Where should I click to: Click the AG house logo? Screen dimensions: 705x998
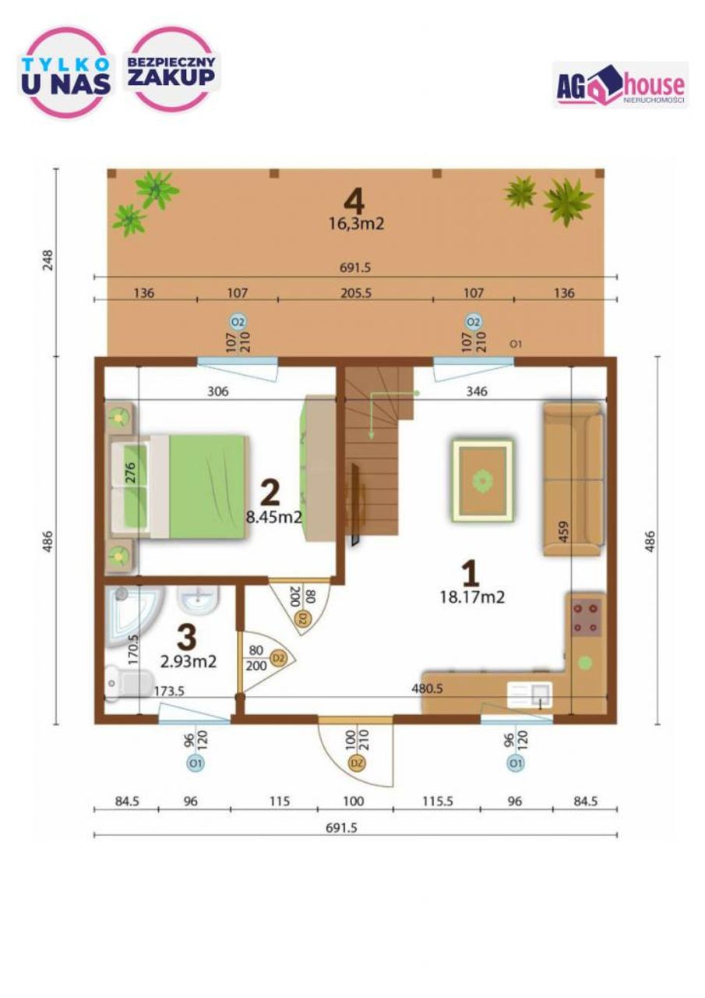click(620, 85)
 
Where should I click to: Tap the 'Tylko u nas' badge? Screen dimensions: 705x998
click(66, 73)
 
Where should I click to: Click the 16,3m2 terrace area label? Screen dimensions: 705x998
click(356, 223)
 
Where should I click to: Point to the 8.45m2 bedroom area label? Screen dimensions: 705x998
click(274, 517)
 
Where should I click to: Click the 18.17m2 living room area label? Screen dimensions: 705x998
click(472, 597)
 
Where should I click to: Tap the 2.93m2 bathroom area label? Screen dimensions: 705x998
click(189, 662)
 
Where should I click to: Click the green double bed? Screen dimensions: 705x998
click(178, 486)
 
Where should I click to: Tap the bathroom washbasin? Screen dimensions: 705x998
click(198, 600)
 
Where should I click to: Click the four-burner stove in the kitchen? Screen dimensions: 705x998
click(586, 617)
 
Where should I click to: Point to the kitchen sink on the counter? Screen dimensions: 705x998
click(530, 695)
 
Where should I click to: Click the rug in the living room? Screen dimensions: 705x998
click(482, 480)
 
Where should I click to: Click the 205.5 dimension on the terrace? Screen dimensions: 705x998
click(355, 293)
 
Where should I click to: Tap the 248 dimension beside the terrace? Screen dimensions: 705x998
click(48, 260)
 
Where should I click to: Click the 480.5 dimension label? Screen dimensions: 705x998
click(427, 688)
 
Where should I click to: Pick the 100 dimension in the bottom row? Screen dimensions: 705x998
click(354, 801)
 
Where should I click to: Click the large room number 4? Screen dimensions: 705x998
click(354, 202)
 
